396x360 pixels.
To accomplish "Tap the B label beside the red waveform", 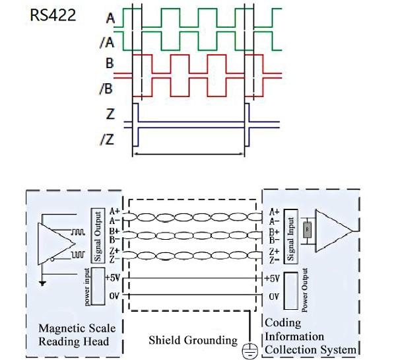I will point(108,65).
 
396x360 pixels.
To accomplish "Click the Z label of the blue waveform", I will point(109,114).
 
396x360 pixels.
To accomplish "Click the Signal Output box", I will point(97,235).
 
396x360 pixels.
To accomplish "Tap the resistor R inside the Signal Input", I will point(306,231).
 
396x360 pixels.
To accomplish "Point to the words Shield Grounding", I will point(192,340).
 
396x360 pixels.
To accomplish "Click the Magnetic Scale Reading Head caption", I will point(73,335).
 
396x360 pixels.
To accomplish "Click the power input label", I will point(87,287).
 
